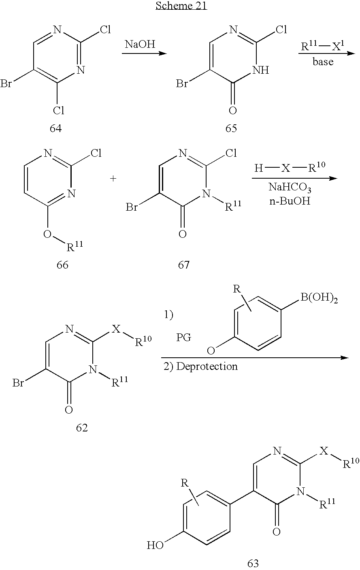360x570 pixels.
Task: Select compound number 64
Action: [55, 129]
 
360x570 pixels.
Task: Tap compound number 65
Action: [231, 129]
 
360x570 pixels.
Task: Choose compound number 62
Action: [82, 428]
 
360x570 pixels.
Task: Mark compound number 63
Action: [253, 563]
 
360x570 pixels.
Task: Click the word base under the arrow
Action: [323, 62]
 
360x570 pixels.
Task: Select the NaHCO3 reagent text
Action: [289, 188]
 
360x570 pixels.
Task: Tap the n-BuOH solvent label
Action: [289, 201]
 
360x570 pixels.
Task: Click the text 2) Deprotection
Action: [200, 367]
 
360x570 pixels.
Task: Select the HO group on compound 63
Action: [156, 545]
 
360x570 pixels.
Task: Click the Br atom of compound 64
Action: [6, 84]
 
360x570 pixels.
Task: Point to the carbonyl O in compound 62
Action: [69, 410]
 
